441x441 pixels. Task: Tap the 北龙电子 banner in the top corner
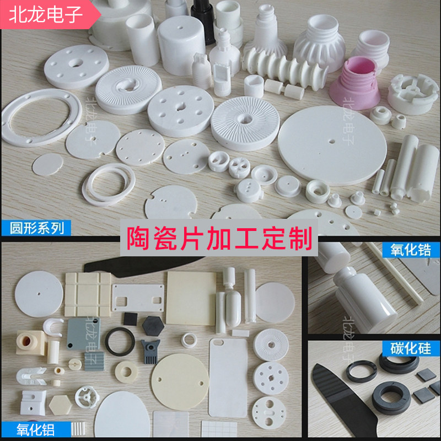coord(46,14)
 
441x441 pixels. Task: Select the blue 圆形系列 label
coord(36,228)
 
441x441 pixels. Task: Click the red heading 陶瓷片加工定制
coord(219,239)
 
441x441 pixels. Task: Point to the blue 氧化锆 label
coord(411,250)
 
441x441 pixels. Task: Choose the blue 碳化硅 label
coord(411,348)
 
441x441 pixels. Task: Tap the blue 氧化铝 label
coord(36,429)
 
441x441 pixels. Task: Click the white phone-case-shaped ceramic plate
coord(228,378)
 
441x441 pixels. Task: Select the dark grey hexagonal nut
coord(153,326)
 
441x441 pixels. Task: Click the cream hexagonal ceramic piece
coord(60,405)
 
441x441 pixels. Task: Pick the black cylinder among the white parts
coord(203,21)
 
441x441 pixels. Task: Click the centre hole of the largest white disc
coord(332,141)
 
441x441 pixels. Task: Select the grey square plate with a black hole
coord(83,334)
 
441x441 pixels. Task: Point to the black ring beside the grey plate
coord(120,341)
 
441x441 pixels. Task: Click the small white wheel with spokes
coord(87,397)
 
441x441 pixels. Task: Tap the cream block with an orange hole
coord(31,342)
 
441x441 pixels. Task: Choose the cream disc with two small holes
coord(180,381)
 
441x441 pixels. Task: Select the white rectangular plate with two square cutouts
coord(138,298)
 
